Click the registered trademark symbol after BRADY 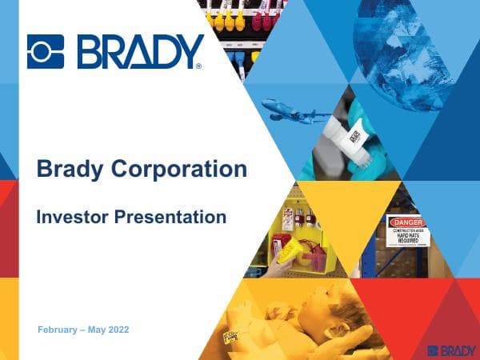pos(198,66)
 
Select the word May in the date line pos(97,330)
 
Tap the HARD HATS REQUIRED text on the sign pos(408,238)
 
